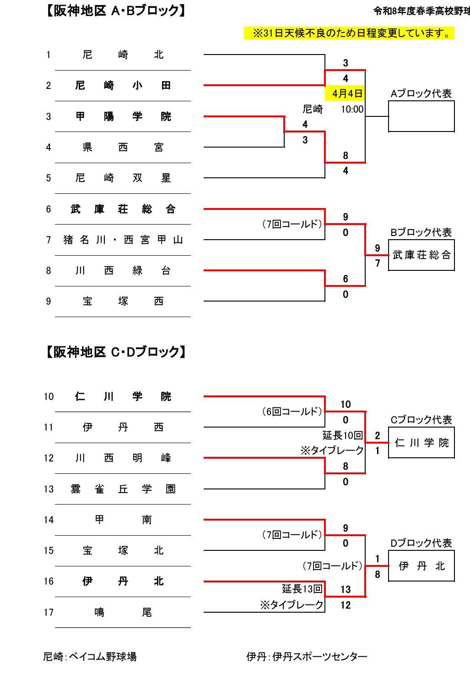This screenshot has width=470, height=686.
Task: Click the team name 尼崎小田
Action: click(123, 86)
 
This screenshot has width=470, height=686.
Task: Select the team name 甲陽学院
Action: click(123, 116)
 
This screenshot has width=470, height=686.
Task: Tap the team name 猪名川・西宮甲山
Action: click(123, 240)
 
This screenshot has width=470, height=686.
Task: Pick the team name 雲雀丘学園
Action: click(123, 489)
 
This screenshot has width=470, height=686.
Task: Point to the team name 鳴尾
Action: click(123, 612)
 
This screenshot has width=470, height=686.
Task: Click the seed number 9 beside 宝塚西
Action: click(49, 301)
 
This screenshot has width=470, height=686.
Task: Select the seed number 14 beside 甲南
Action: click(49, 520)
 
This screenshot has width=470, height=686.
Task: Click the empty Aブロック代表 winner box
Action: click(421, 116)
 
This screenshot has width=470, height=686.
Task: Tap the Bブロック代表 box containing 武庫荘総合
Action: click(421, 255)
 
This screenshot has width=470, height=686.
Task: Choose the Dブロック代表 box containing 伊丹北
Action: click(421, 566)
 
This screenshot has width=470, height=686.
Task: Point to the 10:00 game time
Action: click(352, 109)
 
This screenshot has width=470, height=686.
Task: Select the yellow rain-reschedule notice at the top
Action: click(349, 33)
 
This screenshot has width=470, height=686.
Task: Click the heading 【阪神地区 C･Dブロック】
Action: click(116, 352)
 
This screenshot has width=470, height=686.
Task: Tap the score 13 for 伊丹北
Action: click(346, 589)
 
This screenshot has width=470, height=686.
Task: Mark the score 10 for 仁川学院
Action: click(346, 404)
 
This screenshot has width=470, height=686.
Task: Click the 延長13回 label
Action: click(302, 588)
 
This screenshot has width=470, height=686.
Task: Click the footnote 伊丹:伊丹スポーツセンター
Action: click(307, 657)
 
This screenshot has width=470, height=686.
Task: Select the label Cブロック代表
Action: click(421, 420)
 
